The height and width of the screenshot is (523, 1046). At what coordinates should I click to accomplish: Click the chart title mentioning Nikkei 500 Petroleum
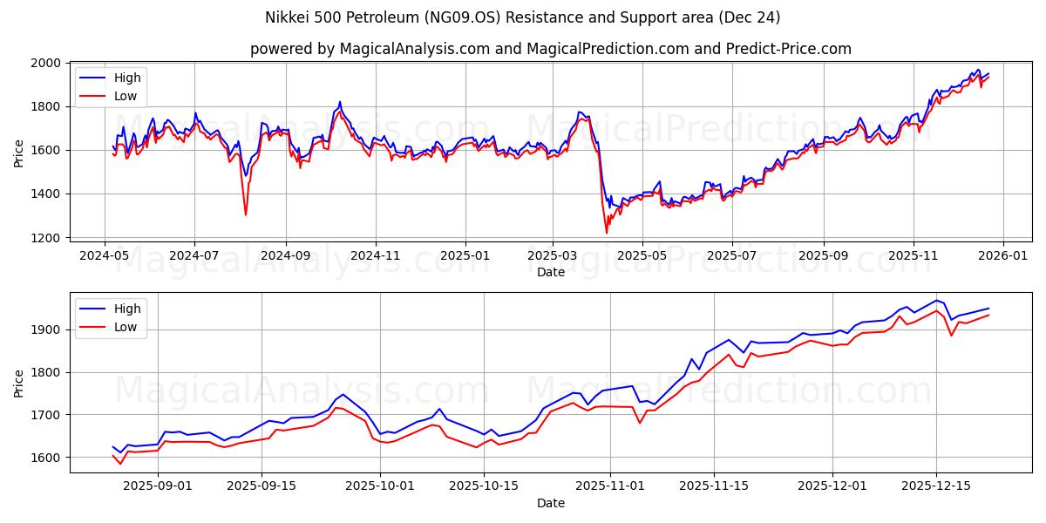tap(523, 17)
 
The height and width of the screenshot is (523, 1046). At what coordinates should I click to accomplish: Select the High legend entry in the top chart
tap(127, 78)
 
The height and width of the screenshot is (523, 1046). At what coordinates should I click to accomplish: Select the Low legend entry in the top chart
tap(126, 96)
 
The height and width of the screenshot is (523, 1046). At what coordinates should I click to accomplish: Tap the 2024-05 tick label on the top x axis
tap(105, 256)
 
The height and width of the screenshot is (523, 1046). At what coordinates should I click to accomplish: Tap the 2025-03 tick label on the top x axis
tap(553, 256)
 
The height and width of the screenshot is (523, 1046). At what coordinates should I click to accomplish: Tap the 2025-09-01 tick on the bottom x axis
tap(158, 485)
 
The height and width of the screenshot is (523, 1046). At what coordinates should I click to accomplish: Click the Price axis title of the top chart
tap(19, 153)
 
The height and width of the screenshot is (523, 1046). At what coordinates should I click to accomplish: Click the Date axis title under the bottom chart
tap(551, 503)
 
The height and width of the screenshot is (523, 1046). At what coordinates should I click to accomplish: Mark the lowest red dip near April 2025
tap(607, 233)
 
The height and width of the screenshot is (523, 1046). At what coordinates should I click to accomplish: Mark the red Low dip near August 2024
tap(246, 214)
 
